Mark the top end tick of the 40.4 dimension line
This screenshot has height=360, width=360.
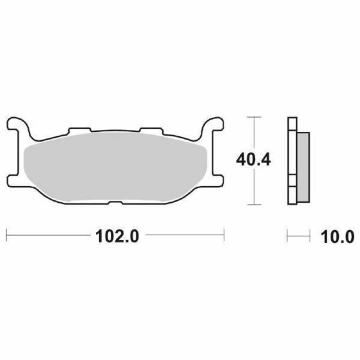[254, 118]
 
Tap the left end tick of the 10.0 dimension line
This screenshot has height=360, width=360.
[287, 236]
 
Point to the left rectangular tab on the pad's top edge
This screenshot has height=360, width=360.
[78, 132]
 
